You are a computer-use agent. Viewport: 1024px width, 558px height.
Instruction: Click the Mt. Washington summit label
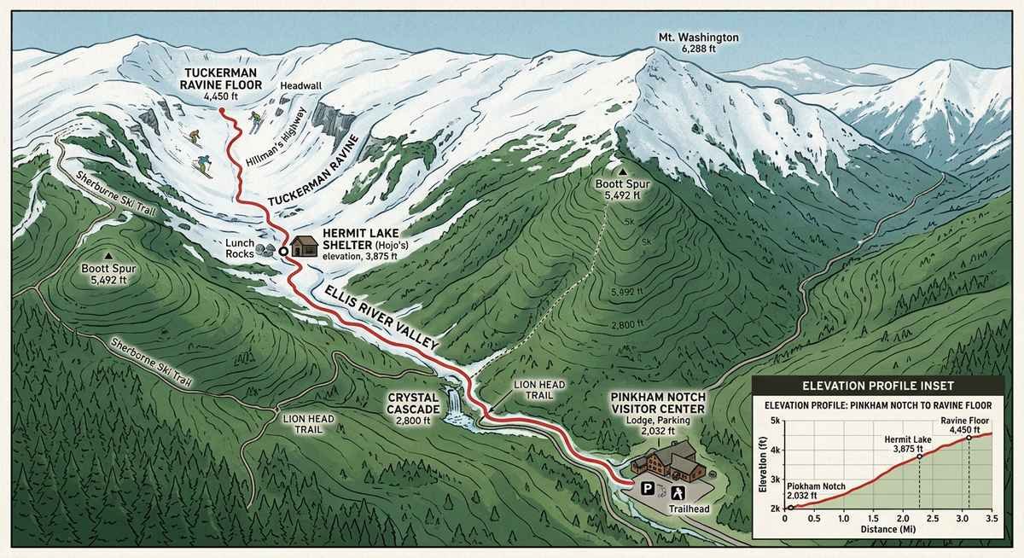tap(698, 44)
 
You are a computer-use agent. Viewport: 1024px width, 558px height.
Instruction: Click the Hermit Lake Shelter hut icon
tap(303, 247)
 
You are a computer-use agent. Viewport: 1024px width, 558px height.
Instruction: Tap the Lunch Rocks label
tap(241, 249)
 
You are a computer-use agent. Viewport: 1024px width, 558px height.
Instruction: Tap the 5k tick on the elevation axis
tap(775, 421)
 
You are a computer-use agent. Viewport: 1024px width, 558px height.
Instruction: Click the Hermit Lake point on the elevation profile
tap(919, 456)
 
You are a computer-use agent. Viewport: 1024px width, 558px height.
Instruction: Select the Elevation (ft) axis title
tap(762, 465)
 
